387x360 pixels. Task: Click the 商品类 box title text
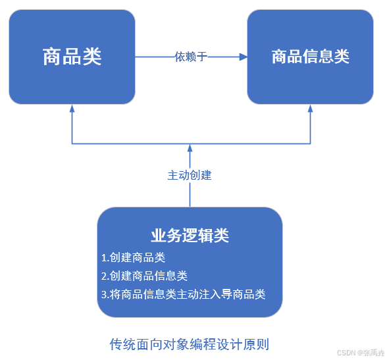tap(72, 57)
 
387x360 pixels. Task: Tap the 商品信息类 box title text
tap(310, 57)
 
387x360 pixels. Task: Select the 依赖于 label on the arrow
tap(191, 57)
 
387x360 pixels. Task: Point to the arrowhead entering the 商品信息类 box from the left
tap(243, 57)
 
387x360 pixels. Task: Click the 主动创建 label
tap(190, 176)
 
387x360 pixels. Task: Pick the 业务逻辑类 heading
tap(190, 235)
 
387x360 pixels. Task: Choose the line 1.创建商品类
tap(133, 257)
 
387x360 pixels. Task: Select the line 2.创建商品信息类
tap(145, 276)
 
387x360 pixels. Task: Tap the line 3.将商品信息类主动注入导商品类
tap(183, 294)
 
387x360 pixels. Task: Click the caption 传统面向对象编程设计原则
tap(190, 344)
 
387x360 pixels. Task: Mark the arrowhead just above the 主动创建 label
tap(190, 147)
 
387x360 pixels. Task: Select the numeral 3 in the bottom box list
tap(104, 294)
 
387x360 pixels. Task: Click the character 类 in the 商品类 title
tap(92, 57)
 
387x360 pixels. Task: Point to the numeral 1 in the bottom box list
tap(104, 257)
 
